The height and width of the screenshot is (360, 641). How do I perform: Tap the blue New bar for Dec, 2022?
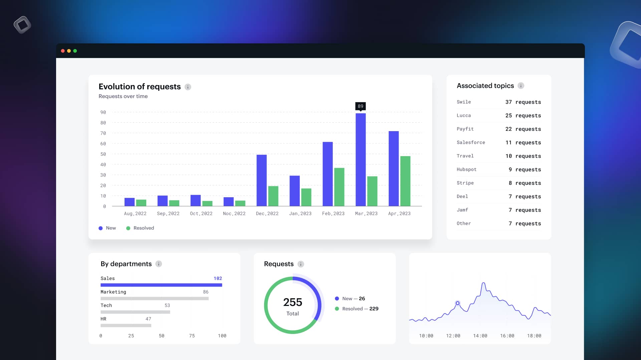(x=261, y=180)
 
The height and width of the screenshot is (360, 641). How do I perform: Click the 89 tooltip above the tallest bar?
(x=361, y=106)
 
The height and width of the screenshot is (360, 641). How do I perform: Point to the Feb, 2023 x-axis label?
(x=333, y=214)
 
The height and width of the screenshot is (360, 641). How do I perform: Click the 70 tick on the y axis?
(x=103, y=133)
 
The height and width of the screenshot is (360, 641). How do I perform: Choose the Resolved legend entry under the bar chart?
(x=140, y=228)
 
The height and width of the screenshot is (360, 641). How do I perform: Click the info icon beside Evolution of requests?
(x=188, y=87)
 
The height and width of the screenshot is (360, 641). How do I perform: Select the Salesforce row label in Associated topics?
(x=471, y=142)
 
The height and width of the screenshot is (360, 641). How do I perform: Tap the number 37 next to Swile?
(x=508, y=102)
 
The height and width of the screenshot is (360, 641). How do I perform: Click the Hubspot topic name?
(x=466, y=169)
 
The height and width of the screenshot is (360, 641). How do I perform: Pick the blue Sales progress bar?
(x=161, y=285)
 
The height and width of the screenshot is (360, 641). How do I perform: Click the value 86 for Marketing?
(x=206, y=292)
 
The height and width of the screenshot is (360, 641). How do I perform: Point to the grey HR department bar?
(x=126, y=325)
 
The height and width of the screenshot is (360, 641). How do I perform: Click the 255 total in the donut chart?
(x=292, y=302)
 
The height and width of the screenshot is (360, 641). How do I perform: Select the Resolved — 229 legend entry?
(x=357, y=309)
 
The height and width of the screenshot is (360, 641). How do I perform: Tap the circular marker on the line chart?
(x=458, y=303)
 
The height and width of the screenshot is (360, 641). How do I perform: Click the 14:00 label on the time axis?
(x=480, y=336)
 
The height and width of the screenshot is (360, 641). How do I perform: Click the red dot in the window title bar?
(x=63, y=51)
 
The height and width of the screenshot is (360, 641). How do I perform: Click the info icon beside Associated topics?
(x=521, y=86)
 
